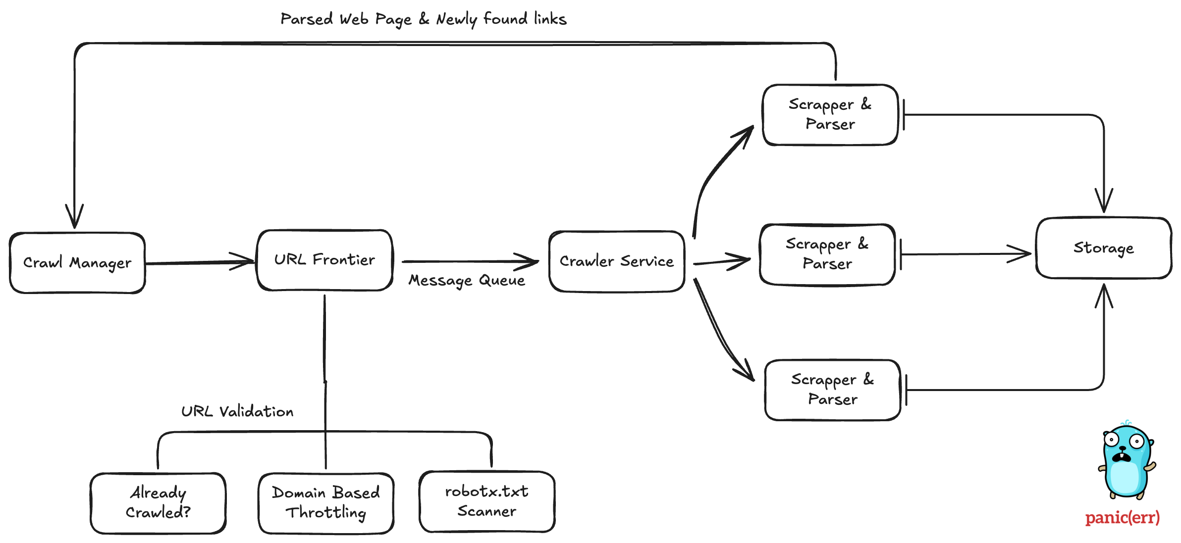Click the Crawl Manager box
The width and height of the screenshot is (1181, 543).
(77, 263)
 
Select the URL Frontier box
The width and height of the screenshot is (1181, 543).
(324, 260)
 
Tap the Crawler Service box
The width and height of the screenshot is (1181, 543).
(617, 261)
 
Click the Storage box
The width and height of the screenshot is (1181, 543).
(1103, 248)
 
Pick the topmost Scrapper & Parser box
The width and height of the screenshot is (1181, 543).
(830, 115)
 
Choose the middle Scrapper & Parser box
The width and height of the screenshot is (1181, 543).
(827, 254)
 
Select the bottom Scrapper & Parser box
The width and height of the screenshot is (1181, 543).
(832, 390)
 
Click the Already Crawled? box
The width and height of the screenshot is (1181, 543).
(158, 503)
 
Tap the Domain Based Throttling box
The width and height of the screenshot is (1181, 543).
(325, 503)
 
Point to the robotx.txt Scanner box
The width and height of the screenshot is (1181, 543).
(487, 501)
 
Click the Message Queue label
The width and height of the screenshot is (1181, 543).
(466, 281)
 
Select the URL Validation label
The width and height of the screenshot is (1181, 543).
(237, 412)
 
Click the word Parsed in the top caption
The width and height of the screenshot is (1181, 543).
(307, 19)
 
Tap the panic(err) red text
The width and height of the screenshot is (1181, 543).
(1122, 518)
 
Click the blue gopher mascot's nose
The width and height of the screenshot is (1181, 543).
(1122, 448)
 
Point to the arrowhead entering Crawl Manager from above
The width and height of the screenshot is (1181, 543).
(74, 218)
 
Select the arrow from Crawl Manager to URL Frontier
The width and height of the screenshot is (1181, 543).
(198, 262)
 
